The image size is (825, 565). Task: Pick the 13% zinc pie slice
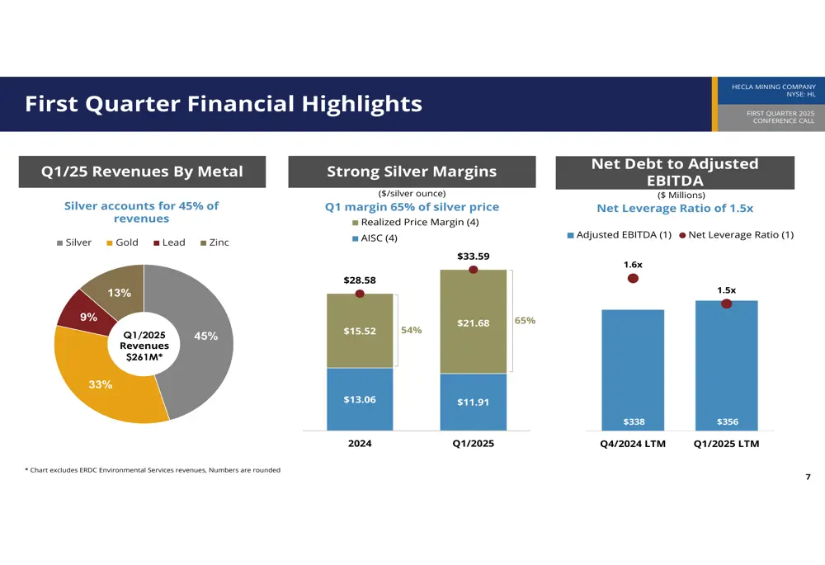(x=115, y=289)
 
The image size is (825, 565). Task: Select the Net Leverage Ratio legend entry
(x=736, y=235)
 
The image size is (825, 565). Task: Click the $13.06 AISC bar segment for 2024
(x=360, y=399)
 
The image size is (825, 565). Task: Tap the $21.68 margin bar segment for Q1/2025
(x=473, y=323)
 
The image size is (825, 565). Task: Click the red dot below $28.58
(x=360, y=294)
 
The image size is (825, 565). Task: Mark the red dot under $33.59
(x=473, y=270)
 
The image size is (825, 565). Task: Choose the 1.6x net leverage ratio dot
(x=633, y=279)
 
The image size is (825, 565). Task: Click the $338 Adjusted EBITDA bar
(x=633, y=371)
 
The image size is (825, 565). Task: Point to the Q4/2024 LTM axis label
(x=633, y=444)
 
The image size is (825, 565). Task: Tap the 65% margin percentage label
(x=525, y=320)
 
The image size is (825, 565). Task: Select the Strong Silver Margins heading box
(x=412, y=172)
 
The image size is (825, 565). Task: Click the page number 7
(x=807, y=478)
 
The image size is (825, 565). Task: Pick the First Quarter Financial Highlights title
(x=224, y=104)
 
